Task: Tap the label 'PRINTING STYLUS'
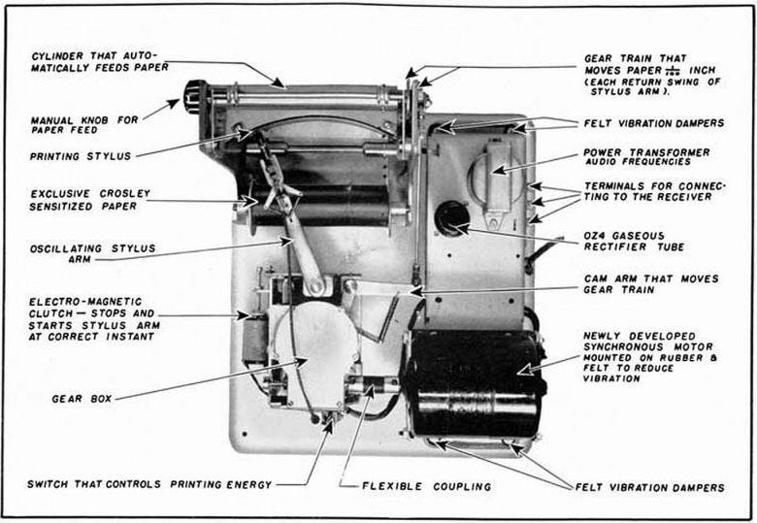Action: (x=81, y=154)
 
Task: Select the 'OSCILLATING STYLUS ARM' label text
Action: (x=92, y=254)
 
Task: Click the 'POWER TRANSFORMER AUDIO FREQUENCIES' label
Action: (x=645, y=157)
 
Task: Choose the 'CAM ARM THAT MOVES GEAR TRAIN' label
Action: (x=650, y=284)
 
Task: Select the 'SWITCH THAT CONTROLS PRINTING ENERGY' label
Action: (x=149, y=484)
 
